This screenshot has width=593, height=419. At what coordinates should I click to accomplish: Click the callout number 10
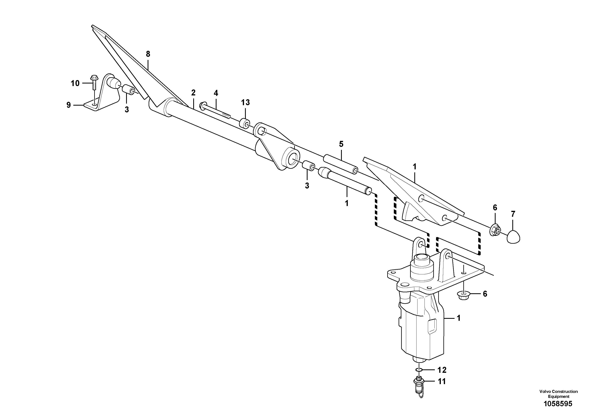point(75,83)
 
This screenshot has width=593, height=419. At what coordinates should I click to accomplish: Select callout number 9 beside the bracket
point(69,105)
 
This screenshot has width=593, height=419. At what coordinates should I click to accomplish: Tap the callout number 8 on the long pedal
point(148,54)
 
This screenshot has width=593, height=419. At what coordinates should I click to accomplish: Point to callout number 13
point(245,103)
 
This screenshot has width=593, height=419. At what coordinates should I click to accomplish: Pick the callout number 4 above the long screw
point(216,93)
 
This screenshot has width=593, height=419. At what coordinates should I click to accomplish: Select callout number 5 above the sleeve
point(341,144)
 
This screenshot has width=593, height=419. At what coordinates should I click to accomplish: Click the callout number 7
point(513,214)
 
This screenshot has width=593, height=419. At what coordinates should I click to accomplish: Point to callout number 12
point(442,370)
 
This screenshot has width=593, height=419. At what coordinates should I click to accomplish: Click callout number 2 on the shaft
point(193,92)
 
